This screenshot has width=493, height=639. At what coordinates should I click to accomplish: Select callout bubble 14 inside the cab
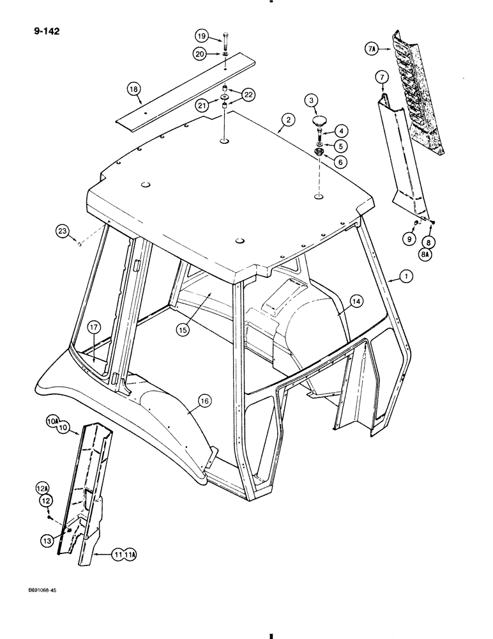[356, 300]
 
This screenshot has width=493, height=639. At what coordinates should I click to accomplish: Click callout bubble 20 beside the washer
[202, 56]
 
